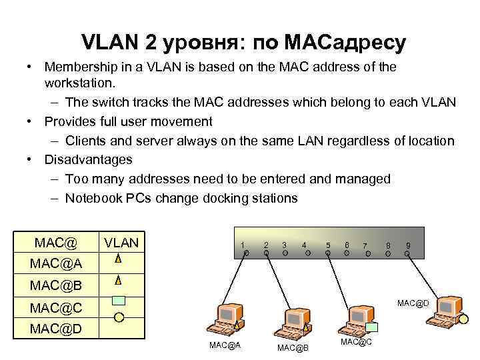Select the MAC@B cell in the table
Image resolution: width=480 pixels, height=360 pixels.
tap(56, 285)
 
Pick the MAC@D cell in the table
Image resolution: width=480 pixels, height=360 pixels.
tap(56, 329)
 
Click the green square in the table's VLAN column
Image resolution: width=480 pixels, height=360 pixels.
tap(119, 300)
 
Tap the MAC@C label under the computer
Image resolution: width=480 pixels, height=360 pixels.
tap(356, 342)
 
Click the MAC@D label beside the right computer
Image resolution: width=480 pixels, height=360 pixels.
tap(413, 303)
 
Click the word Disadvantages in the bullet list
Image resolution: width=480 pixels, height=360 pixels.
tap(88, 160)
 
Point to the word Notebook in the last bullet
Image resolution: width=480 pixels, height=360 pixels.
tap(91, 199)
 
